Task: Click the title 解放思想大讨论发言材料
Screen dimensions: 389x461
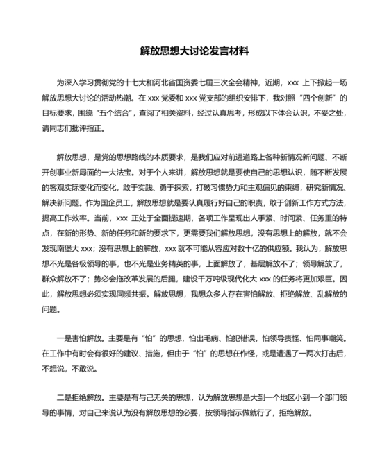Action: [194, 51]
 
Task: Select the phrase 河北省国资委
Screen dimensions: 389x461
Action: [192, 81]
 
